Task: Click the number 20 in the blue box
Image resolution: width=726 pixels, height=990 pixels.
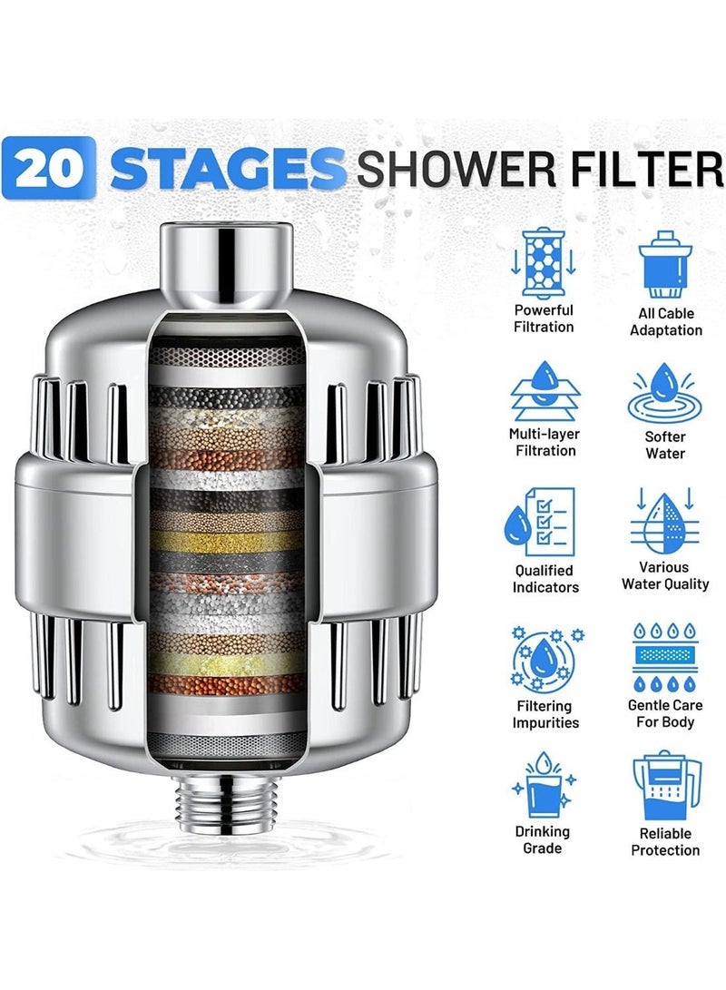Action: (49, 168)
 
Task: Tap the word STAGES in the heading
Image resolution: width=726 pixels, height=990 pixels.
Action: (227, 168)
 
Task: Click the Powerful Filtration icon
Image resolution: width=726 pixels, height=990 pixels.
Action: (543, 262)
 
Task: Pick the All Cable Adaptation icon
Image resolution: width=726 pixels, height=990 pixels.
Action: (665, 264)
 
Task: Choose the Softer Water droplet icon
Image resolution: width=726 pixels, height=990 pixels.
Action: (665, 393)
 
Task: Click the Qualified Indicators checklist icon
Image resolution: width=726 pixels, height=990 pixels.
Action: (540, 522)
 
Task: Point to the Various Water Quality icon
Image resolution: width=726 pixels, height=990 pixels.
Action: (665, 521)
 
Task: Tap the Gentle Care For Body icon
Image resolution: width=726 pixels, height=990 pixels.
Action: (665, 658)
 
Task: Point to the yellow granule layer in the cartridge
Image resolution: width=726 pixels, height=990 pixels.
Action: (226, 541)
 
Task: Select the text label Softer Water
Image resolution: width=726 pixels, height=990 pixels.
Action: (665, 446)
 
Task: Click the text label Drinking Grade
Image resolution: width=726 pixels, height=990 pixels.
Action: (543, 839)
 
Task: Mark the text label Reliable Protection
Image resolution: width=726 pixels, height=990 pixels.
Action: (665, 841)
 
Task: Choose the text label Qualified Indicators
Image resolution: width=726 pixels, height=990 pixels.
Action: (544, 579)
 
